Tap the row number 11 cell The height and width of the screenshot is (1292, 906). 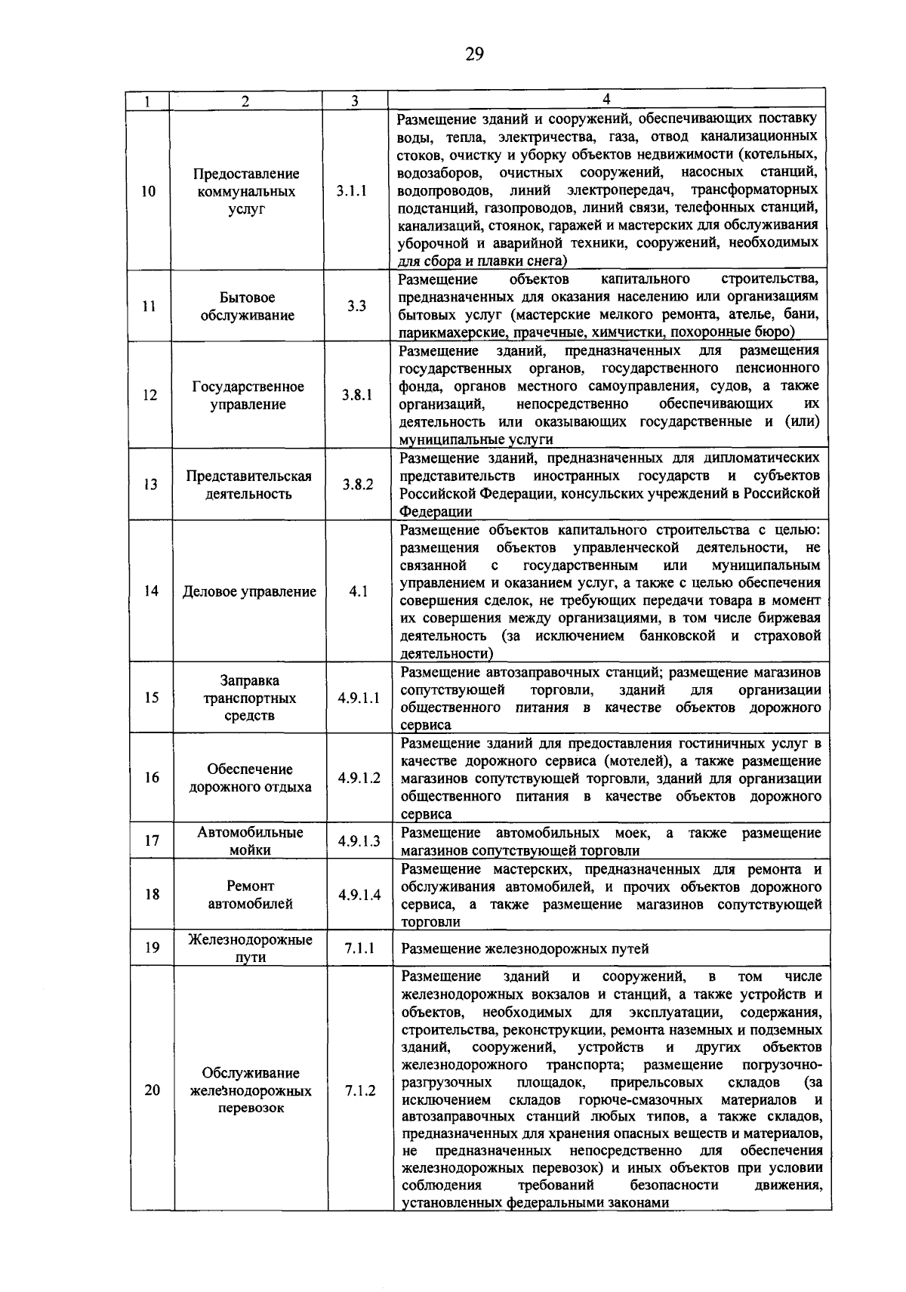point(149,307)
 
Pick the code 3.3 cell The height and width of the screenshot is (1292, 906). point(356,306)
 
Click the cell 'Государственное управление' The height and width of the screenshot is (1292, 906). point(248,395)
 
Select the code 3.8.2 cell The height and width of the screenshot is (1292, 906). point(357,485)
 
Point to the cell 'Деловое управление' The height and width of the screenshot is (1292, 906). point(249,591)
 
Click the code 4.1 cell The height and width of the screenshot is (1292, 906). point(358,591)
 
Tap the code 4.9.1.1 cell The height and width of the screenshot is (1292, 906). point(359,698)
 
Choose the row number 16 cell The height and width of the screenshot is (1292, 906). point(152,777)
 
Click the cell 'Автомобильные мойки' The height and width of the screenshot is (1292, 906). point(250,840)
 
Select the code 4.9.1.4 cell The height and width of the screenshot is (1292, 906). point(359,895)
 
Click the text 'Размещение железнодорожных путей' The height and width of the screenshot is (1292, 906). point(525,948)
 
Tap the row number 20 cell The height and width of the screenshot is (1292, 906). point(153,1090)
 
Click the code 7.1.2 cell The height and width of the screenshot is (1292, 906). point(360,1090)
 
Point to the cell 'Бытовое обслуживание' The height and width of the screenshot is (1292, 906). point(248,307)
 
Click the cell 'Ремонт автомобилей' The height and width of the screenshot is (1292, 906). point(251,895)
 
